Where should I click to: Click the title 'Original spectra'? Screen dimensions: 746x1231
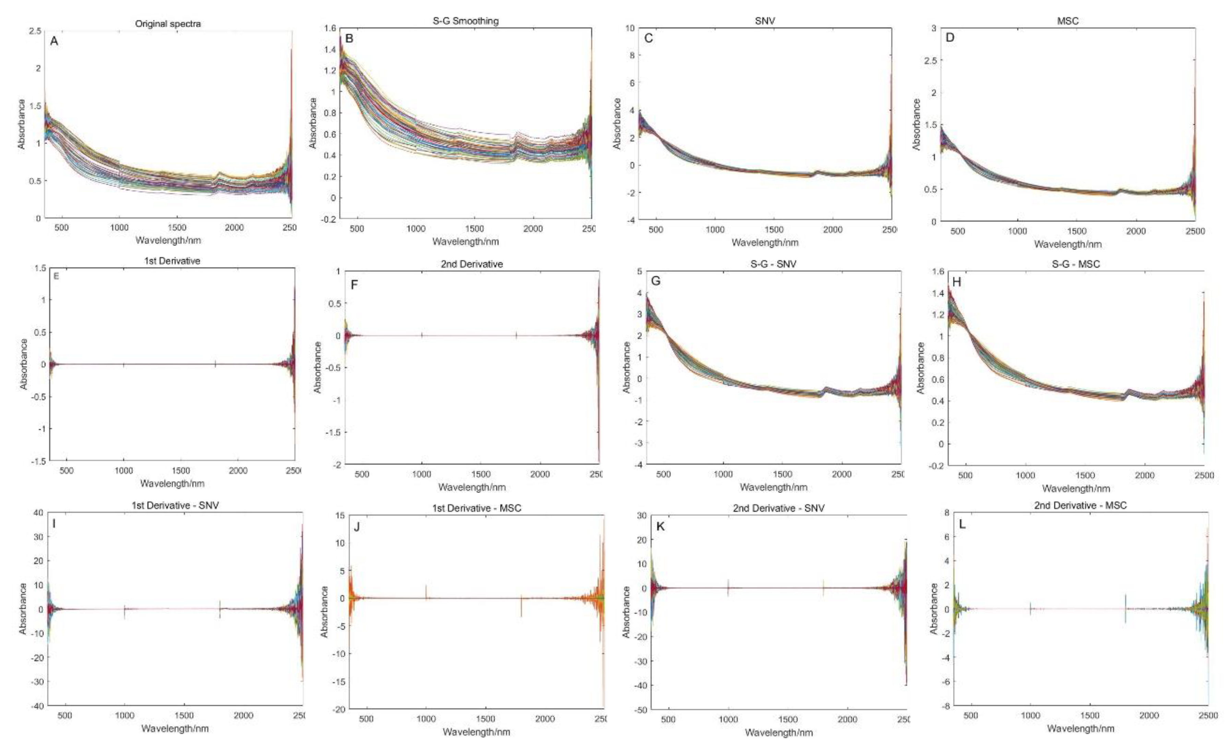pos(168,23)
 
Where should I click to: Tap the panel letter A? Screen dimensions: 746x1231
pos(54,41)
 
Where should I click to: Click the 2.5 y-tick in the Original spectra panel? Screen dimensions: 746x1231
pos(35,31)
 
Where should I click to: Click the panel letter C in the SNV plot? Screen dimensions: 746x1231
pos(648,38)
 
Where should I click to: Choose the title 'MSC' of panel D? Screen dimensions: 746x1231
pos(1068,21)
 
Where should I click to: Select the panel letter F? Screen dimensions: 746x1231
pos(354,285)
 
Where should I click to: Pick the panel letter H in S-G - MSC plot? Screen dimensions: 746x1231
pos(957,282)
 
